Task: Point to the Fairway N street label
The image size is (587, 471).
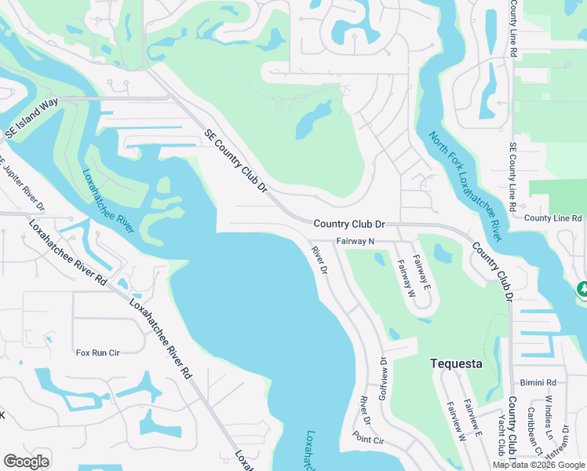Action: [x=356, y=242]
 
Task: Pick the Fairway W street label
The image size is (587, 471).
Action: [x=406, y=279]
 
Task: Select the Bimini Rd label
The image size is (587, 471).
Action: [x=538, y=382]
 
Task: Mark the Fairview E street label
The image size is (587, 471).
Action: [x=472, y=418]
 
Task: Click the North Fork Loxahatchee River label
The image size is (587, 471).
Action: [x=465, y=185]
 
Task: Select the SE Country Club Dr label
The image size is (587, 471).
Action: [x=236, y=161]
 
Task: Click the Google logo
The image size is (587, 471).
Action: [x=26, y=462]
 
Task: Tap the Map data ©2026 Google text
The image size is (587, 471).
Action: [x=538, y=465]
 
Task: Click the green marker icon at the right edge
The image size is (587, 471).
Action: [x=582, y=290]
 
